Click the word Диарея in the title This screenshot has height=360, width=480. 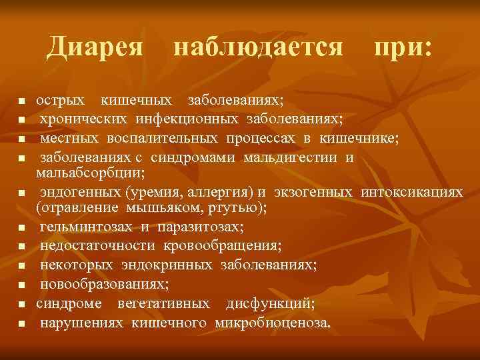tap(96, 47)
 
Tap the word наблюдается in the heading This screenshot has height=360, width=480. tap(258, 47)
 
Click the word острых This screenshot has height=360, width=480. tap(60, 100)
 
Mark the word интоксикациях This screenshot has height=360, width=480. tap(411, 193)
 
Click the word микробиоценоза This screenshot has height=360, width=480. tap(272, 323)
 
